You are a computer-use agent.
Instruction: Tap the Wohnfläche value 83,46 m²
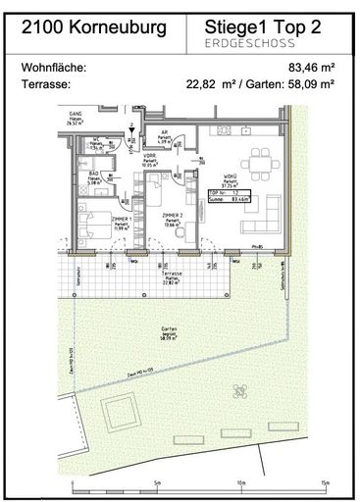click(x=311, y=68)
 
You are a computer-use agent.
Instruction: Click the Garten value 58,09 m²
click(x=311, y=83)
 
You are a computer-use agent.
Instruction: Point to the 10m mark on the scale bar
click(x=240, y=483)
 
